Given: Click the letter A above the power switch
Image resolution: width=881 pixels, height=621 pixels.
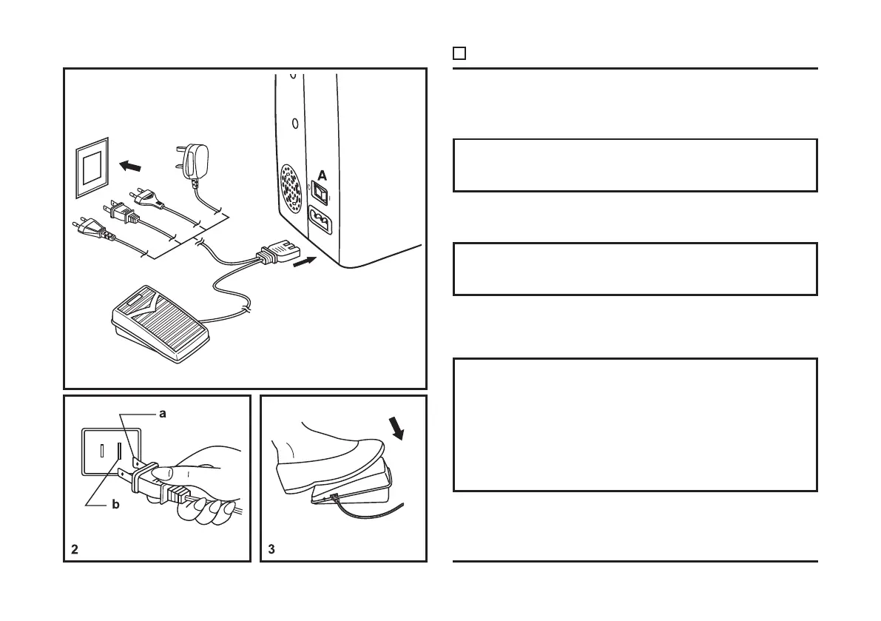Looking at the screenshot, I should pyautogui.click(x=322, y=175).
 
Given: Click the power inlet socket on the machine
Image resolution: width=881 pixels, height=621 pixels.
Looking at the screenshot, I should pyautogui.click(x=323, y=221).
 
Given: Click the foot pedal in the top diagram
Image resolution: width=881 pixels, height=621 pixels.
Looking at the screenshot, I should pyautogui.click(x=163, y=325).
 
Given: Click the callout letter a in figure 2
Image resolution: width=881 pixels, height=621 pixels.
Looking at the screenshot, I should pyautogui.click(x=163, y=414).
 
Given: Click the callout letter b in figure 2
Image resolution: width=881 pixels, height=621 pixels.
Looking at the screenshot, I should pyautogui.click(x=115, y=505).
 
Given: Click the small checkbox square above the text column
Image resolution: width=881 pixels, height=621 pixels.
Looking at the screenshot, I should pyautogui.click(x=459, y=53).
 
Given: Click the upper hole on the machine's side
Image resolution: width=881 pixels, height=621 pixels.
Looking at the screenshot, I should pyautogui.click(x=293, y=76).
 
